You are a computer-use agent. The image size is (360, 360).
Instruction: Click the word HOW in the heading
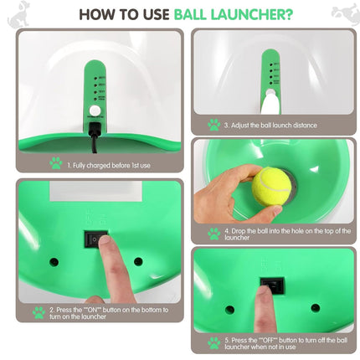(x=98, y=14)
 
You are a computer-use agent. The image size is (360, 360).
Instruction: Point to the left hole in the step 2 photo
(x=54, y=262)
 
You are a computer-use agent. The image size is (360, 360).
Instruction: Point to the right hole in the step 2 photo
(x=138, y=261)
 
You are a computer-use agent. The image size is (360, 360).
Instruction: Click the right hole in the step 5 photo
(x=315, y=308)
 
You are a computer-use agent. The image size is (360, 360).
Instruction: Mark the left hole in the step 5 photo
(x=229, y=309)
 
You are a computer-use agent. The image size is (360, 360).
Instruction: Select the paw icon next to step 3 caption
(x=215, y=125)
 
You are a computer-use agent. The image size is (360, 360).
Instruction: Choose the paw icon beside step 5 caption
(x=214, y=342)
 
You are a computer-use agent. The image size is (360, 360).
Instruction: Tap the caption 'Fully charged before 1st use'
(x=111, y=166)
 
